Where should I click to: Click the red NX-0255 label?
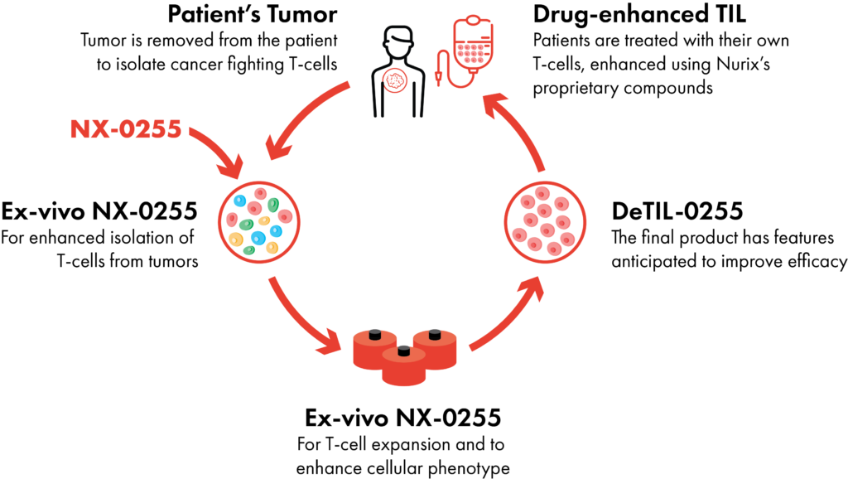[x=125, y=129]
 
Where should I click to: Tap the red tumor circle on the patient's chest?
[x=396, y=80]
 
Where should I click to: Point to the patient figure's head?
[x=397, y=40]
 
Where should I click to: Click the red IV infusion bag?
[x=473, y=43]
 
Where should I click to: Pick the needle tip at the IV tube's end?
[x=438, y=82]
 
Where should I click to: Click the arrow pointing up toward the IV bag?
[x=515, y=128]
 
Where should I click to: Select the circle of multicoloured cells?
[x=258, y=222]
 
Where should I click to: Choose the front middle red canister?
[x=404, y=368]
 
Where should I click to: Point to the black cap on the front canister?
[x=404, y=350]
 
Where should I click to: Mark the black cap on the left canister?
[x=375, y=333]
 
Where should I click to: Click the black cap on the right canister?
[x=435, y=333]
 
